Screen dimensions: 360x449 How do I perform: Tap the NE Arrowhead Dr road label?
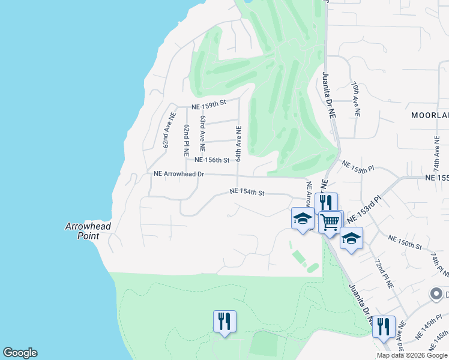coord(179,174)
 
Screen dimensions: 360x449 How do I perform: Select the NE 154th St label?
coord(247,192)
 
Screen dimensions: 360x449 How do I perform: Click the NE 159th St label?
coord(208,104)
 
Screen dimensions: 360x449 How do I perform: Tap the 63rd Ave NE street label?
coord(203,133)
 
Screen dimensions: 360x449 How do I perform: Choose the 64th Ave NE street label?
coord(238,143)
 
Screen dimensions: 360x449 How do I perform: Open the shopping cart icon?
coord(330,222)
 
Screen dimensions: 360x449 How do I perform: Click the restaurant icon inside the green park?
coord(224,322)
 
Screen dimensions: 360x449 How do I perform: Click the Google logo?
coord(20,353)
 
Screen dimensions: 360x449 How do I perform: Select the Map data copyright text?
coord(411,355)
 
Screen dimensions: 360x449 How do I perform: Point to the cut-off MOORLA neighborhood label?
coord(430,115)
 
